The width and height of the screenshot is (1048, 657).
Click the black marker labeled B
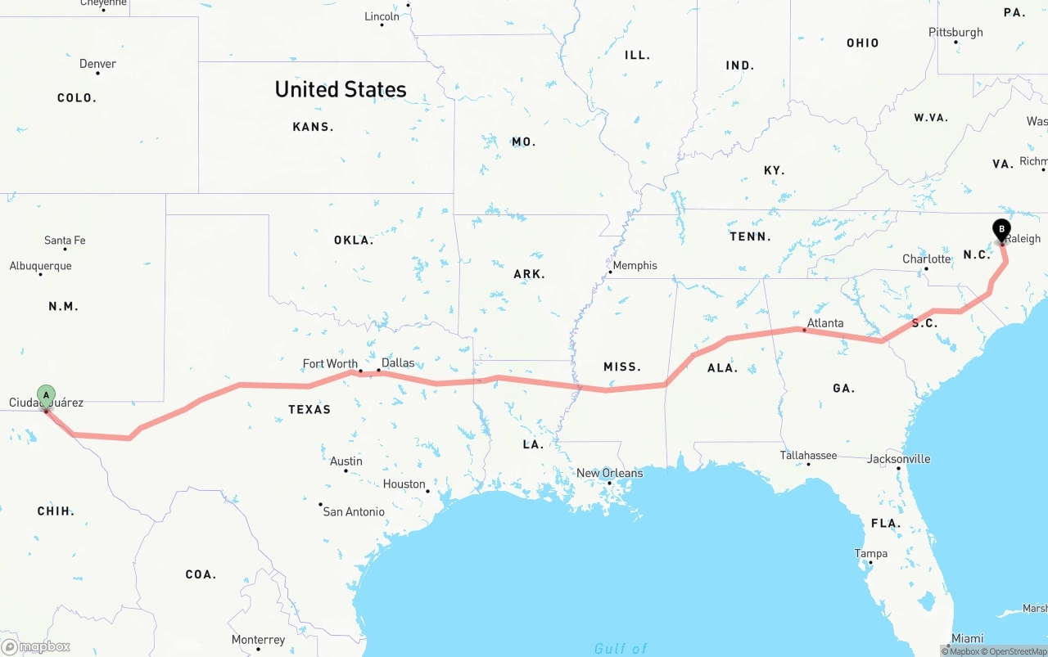(1001, 230)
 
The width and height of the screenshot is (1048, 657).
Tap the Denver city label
(97, 64)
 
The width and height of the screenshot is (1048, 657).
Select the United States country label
(341, 89)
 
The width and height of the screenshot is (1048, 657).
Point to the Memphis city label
(635, 265)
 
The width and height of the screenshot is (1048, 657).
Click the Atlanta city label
(824, 323)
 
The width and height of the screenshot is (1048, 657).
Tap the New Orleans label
(609, 473)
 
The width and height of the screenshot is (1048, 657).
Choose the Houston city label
(404, 484)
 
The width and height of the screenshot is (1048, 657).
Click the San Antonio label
(354, 511)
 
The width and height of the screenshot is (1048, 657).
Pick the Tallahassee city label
(808, 455)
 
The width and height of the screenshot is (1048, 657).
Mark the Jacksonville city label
(899, 459)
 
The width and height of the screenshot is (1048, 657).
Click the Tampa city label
(870, 554)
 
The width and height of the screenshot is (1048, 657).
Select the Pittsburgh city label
(955, 33)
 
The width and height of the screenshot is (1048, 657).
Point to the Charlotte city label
(927, 259)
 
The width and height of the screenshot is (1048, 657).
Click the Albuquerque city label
(40, 266)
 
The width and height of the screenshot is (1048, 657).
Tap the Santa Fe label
(65, 241)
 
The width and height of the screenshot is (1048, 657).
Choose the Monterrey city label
(258, 640)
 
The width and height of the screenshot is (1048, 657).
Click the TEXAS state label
(309, 409)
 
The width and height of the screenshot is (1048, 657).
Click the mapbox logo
(36, 646)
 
